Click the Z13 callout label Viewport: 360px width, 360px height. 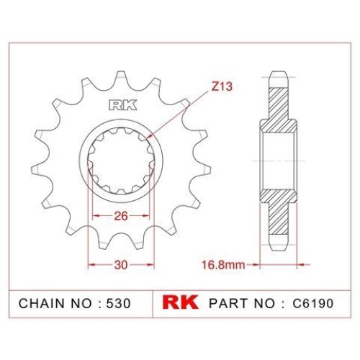tap(222, 86)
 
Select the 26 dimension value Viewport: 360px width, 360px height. tap(121, 216)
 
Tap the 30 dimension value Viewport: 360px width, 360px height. tap(121, 265)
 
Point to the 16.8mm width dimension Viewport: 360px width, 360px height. tap(223, 265)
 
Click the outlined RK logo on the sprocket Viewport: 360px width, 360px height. tap(123, 105)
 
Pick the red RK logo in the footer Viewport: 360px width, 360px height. tap(181, 302)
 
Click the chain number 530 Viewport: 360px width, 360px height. tap(118, 303)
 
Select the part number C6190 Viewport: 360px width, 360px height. tap(313, 303)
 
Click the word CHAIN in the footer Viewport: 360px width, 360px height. tap(42, 303)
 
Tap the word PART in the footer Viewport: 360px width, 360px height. tap(229, 303)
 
